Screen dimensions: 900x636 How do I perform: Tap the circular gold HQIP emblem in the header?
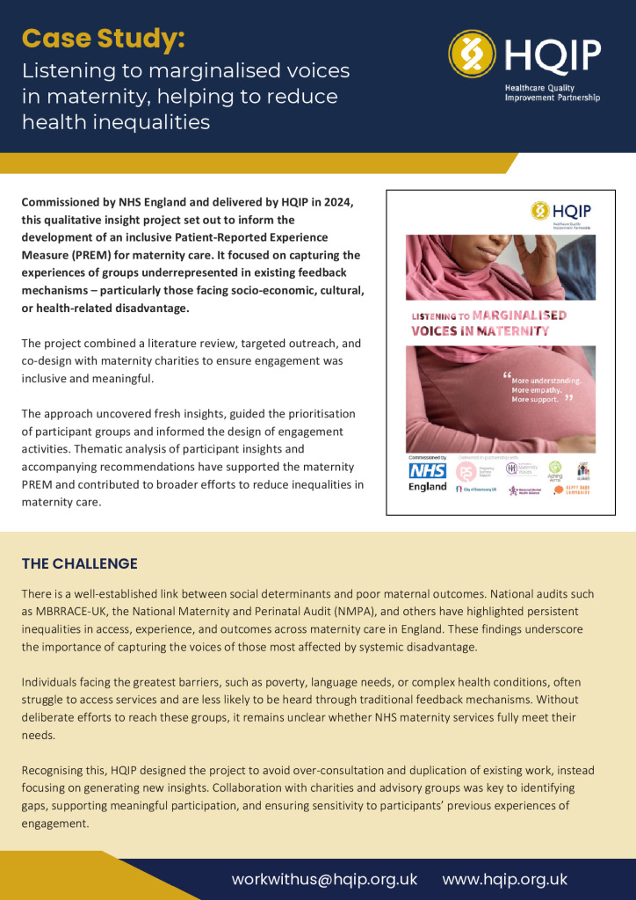point(473,54)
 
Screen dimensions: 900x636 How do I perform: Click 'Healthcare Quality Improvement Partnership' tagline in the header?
point(552,93)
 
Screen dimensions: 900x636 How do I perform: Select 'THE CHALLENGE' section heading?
point(80,563)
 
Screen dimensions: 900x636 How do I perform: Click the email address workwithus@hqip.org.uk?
point(324,879)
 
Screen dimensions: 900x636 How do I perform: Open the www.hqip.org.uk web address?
point(504,879)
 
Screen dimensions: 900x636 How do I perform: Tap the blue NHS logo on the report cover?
point(428,471)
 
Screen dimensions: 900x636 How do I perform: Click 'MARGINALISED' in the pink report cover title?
point(518,316)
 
